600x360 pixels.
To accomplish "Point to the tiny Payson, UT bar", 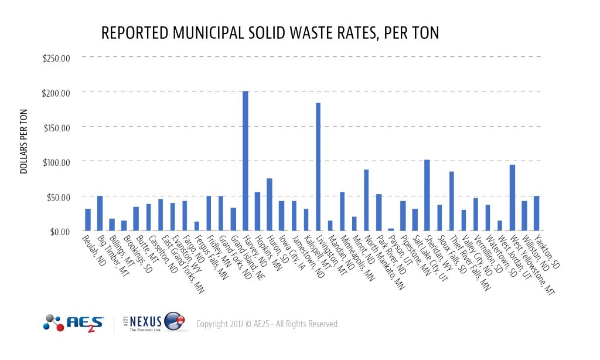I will [391, 229].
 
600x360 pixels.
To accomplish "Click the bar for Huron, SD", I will [270, 205].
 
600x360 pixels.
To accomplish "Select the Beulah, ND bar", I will [88, 220].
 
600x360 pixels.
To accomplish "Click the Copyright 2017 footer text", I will [267, 324].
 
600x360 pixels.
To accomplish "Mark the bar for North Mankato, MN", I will [366, 200].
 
